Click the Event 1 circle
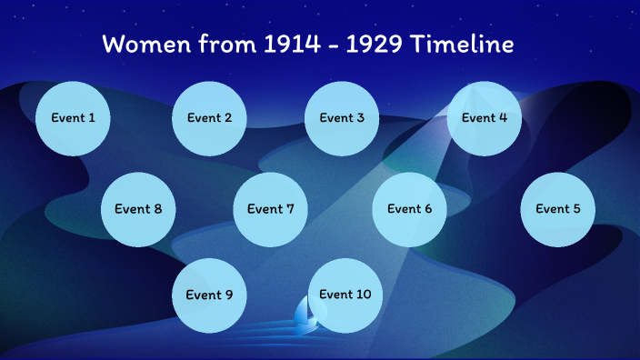click(73, 118)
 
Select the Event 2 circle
click(210, 118)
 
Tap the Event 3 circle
click(342, 118)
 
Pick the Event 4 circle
click(485, 118)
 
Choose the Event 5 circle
click(557, 209)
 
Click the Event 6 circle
click(410, 209)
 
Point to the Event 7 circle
click(271, 209)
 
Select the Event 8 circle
click(138, 209)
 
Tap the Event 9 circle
click(210, 295)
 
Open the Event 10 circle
click(345, 295)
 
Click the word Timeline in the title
click(462, 44)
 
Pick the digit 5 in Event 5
click(575, 209)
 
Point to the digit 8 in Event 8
click(157, 209)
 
